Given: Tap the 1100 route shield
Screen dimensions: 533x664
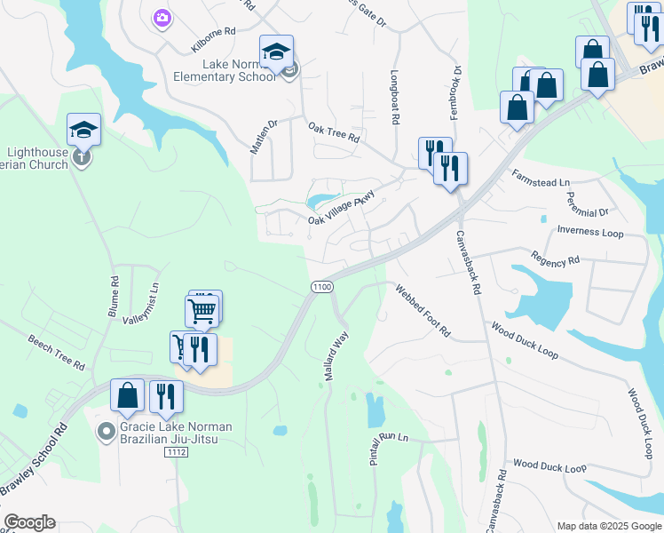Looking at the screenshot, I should click(x=321, y=287).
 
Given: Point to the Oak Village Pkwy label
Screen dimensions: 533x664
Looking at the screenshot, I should click(x=342, y=208).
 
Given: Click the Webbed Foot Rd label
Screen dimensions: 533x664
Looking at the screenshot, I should click(x=423, y=311).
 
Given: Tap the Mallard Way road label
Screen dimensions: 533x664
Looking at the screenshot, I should click(x=335, y=358).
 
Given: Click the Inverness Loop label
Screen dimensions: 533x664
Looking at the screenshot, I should click(x=590, y=232).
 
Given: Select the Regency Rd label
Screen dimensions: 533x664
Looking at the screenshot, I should click(x=555, y=260).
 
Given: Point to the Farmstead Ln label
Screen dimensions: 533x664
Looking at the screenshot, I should click(x=540, y=180).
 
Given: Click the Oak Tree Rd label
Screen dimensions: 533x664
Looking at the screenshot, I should click(x=334, y=133).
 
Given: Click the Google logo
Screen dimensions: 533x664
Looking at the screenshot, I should click(x=29, y=522).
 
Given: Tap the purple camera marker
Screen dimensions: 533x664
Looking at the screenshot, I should click(x=162, y=18).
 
